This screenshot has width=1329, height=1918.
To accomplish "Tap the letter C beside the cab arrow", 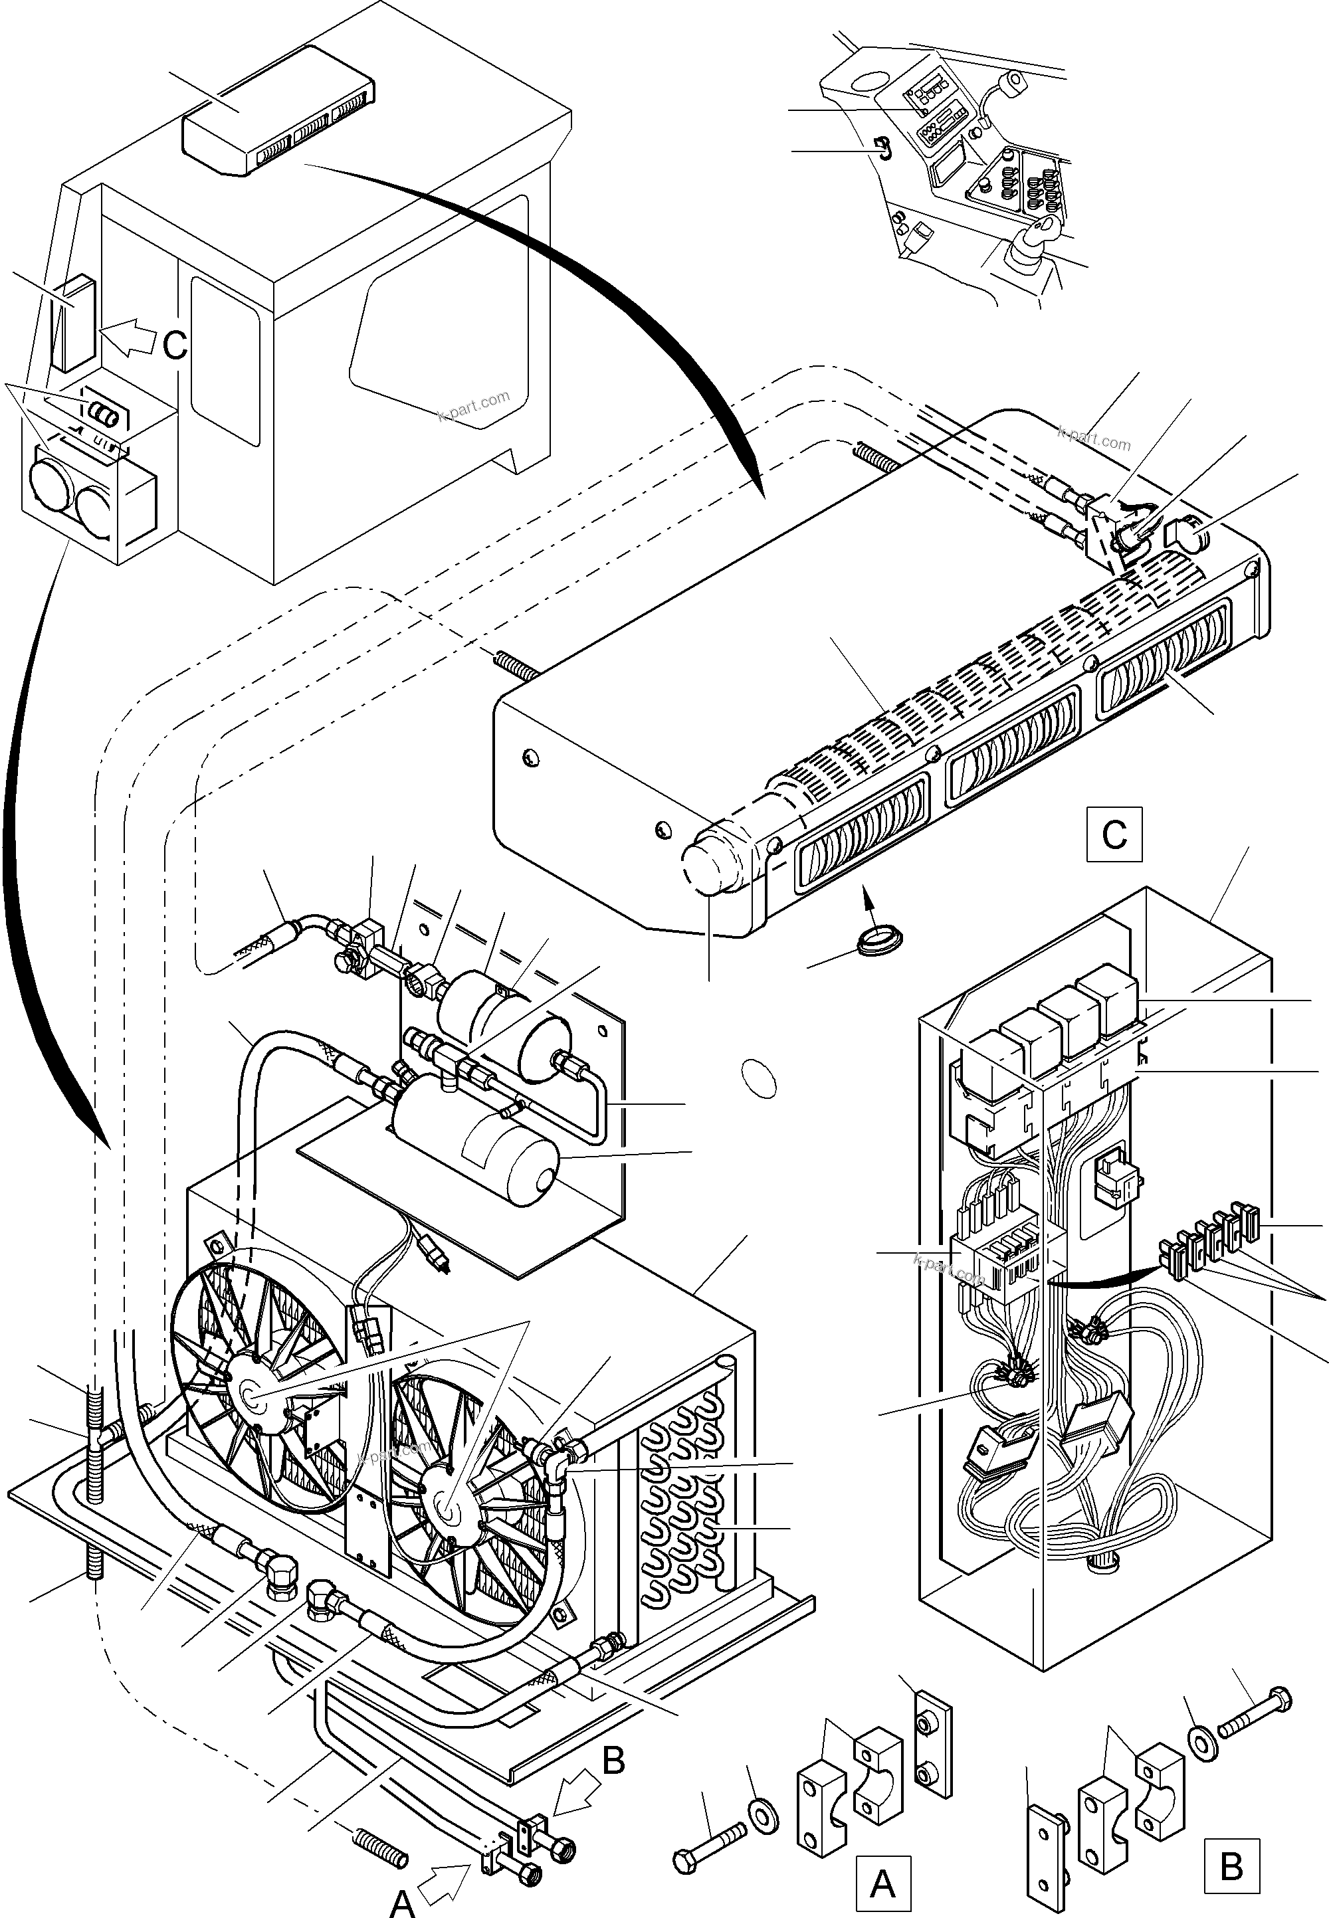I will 174,345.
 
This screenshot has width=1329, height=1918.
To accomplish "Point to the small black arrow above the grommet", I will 869,898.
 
